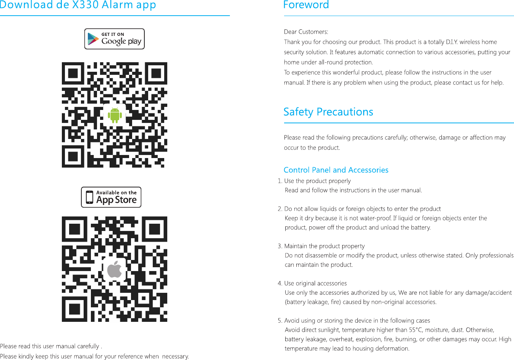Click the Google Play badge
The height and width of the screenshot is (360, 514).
[x=115, y=39]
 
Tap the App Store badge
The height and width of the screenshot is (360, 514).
[x=111, y=197]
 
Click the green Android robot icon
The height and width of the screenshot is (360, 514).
[x=115, y=115]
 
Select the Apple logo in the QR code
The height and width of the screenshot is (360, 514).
[x=115, y=270]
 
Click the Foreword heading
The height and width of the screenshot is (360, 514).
[x=306, y=5]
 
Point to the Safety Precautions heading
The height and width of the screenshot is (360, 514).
[x=328, y=112]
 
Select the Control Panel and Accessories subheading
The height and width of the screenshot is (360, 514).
[x=336, y=170]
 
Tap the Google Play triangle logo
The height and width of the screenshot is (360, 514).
[x=93, y=39]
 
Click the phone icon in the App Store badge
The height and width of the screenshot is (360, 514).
[x=89, y=197]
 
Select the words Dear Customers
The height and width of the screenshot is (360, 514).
[x=306, y=32]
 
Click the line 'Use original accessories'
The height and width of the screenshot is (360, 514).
[x=315, y=283]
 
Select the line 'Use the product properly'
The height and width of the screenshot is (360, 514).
[x=317, y=181]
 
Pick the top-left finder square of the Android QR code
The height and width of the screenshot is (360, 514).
[x=73, y=73]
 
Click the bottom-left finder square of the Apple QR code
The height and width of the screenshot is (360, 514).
[x=73, y=311]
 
